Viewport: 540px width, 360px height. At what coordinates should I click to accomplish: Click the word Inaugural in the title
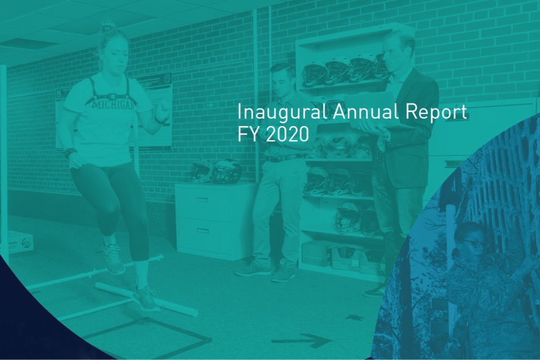point(282,113)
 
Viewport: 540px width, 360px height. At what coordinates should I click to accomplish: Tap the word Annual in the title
point(366,111)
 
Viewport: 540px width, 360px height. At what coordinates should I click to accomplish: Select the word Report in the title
point(436,112)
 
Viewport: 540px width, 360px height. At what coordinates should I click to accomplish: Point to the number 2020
point(288,134)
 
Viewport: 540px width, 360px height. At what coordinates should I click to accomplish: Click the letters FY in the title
point(248,134)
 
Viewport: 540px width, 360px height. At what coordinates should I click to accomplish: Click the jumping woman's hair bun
point(108,26)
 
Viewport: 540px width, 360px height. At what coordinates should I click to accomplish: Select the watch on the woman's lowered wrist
point(70,152)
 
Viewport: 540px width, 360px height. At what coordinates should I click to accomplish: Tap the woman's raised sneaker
point(113,258)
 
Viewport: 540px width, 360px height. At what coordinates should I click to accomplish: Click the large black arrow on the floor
point(302,340)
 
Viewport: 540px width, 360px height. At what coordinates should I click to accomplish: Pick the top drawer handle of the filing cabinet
point(202,200)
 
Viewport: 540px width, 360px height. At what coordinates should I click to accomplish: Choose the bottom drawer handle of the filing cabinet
point(202,230)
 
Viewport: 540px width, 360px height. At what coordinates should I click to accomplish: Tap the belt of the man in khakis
point(284,158)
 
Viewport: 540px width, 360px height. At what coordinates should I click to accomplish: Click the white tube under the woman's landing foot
point(146,300)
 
